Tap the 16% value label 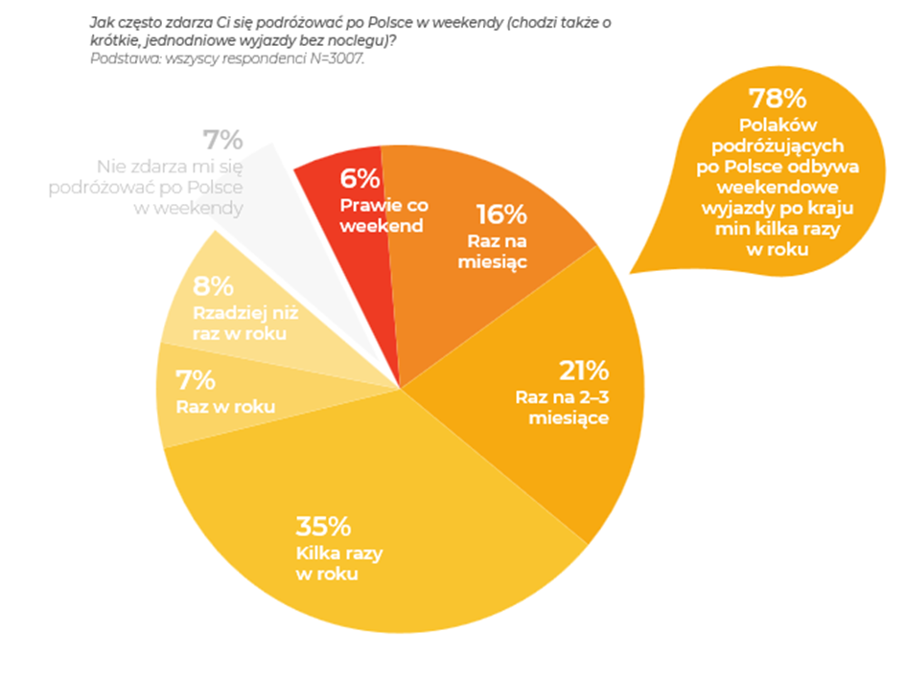click(x=501, y=214)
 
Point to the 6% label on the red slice click(x=360, y=179)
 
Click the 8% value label click(x=214, y=286)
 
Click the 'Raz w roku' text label click(x=225, y=407)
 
